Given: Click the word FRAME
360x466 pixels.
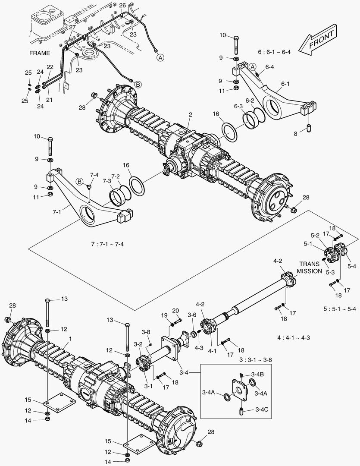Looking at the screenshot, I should point(40,54).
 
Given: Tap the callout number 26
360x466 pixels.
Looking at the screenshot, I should point(122,5).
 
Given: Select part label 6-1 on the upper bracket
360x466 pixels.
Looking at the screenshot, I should point(285,84).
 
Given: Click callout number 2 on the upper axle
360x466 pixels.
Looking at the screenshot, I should point(190,115).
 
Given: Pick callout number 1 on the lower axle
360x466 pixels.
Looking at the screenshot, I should point(70,339).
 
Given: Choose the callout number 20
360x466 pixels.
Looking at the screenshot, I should point(175,311).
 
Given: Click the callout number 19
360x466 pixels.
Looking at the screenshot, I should point(164,315).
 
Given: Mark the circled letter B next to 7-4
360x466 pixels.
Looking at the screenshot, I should point(79,181).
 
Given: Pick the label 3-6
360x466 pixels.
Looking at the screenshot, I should point(192,315).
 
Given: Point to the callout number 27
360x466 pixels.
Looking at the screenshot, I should point(72,27).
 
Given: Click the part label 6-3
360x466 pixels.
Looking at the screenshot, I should point(239,106).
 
